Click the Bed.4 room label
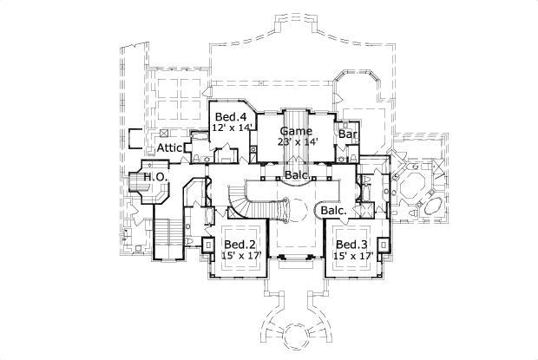229,116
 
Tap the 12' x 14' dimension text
233,128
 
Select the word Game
295,130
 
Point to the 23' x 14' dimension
299,141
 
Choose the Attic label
169,148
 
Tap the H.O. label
155,177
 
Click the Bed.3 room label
352,245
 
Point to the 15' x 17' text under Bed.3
352,257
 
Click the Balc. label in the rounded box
334,211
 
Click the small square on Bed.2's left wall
208,245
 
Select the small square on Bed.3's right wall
384,245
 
